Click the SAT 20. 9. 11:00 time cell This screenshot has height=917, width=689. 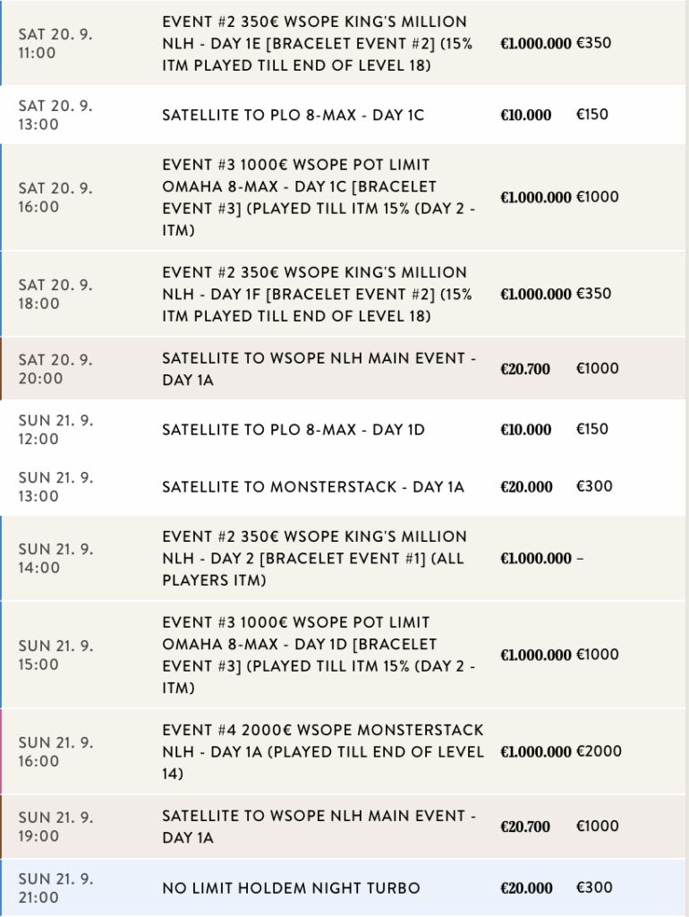pyautogui.click(x=55, y=43)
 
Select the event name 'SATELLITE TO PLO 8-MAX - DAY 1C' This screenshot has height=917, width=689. pyautogui.click(x=293, y=116)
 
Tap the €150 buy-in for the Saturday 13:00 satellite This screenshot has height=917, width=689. pyautogui.click(x=591, y=115)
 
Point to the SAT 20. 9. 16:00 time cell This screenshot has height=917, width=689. pyautogui.click(x=55, y=197)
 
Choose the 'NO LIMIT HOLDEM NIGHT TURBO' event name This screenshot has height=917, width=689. pyautogui.click(x=291, y=888)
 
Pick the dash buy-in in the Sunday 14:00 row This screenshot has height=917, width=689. pyautogui.click(x=579, y=559)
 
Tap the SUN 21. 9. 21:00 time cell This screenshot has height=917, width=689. pyautogui.click(x=55, y=887)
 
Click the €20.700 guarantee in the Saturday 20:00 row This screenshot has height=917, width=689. pyautogui.click(x=525, y=369)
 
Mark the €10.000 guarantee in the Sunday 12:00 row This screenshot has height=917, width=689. pyautogui.click(x=525, y=430)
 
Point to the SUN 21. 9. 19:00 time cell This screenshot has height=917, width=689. pyautogui.click(x=55, y=826)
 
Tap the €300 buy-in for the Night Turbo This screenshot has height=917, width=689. pyautogui.click(x=594, y=887)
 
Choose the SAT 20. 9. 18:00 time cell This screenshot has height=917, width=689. pyautogui.click(x=55, y=294)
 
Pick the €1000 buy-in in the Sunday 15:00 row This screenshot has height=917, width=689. pyautogui.click(x=597, y=655)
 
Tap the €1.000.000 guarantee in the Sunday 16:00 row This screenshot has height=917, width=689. pyautogui.click(x=535, y=752)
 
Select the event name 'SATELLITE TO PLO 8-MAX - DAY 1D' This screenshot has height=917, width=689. pyautogui.click(x=293, y=430)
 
